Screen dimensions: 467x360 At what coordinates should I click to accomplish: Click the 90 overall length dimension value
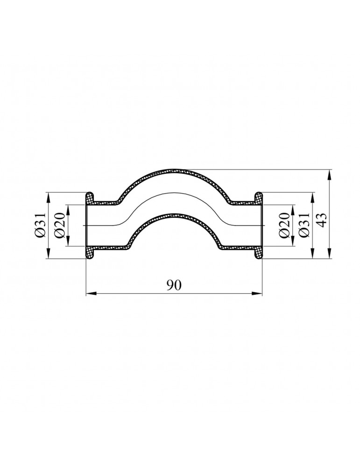point(174,285)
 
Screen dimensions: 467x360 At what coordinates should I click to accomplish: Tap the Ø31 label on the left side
point(41,226)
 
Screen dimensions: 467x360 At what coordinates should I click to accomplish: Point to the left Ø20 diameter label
point(60,226)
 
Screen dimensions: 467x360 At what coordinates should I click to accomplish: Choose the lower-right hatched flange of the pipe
point(258,252)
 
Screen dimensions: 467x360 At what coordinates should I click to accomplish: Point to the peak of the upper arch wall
point(174,171)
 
